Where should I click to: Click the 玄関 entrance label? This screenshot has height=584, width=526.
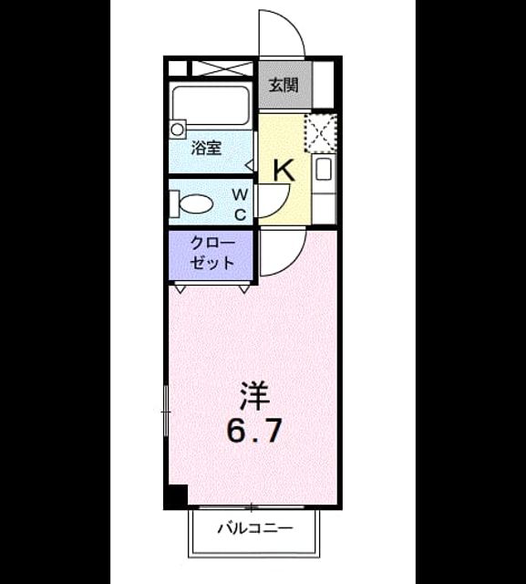pos(284,85)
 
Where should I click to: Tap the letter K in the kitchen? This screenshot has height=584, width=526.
pos(284,171)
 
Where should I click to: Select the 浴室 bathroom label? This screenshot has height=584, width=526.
pos(206,148)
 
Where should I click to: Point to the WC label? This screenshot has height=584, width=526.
pos(241,204)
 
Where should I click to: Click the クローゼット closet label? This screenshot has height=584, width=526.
pos(212,254)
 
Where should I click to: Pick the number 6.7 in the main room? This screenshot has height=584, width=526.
pos(253,431)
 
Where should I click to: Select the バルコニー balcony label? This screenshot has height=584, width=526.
pos(255,528)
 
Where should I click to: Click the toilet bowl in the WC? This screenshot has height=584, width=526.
pos(192,203)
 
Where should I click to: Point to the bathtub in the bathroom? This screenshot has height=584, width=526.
pos(211,106)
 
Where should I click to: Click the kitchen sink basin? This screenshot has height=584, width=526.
pos(323,171)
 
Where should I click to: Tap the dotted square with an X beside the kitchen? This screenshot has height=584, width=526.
pos(321,133)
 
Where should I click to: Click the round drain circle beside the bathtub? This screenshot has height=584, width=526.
pos(177,130)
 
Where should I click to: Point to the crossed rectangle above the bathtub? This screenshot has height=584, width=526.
pos(222,69)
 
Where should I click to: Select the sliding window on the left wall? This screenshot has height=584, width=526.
pos(166,412)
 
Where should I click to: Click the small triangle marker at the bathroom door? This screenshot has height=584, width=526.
pos(251,164)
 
